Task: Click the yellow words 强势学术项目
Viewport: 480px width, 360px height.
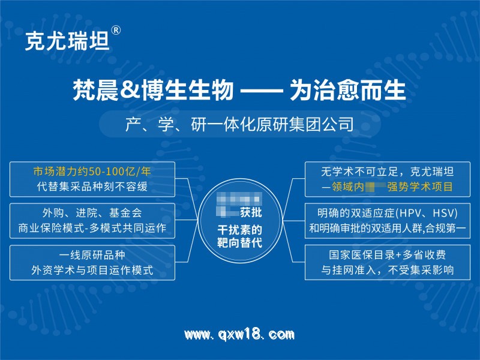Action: point(420,187)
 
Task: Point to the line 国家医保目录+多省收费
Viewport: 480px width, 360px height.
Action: point(387,254)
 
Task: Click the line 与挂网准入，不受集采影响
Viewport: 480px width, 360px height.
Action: point(387,270)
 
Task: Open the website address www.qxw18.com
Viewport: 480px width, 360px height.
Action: point(239,334)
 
